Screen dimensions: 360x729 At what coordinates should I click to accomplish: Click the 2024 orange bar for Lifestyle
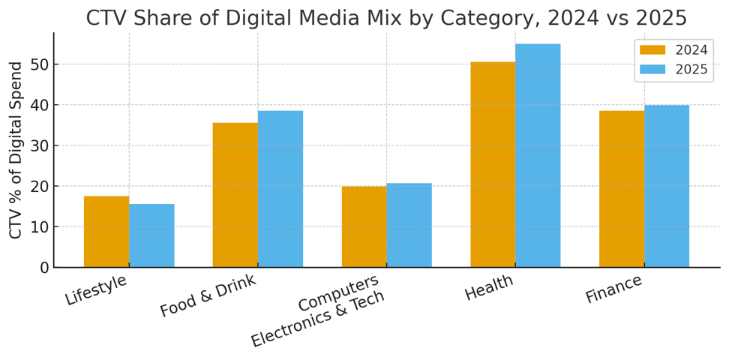[x=106, y=232]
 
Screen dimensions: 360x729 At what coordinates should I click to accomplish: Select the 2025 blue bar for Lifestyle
[x=151, y=235]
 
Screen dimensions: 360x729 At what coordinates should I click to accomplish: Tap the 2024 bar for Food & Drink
[x=235, y=195]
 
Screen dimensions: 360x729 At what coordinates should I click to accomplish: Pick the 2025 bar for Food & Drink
[x=280, y=189]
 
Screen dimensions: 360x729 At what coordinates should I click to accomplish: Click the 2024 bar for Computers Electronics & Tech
[x=364, y=226]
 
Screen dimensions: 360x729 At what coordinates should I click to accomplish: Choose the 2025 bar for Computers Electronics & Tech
[x=409, y=225]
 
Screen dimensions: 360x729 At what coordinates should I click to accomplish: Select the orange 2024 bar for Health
[x=493, y=164]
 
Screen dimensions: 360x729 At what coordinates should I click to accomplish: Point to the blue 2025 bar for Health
[x=538, y=155]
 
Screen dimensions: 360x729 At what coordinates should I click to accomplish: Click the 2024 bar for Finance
[x=622, y=189]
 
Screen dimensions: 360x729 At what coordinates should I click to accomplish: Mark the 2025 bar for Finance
[x=667, y=186]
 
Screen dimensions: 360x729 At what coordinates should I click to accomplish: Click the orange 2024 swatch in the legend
[x=652, y=50]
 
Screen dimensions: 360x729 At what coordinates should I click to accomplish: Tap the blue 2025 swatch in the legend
[x=652, y=70]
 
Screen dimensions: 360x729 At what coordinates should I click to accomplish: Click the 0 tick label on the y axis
[x=44, y=268]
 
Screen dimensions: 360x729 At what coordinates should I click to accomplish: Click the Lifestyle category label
[x=96, y=290]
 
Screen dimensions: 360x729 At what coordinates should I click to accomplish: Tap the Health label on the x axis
[x=489, y=288]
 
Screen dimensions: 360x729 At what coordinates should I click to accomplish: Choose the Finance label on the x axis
[x=613, y=289]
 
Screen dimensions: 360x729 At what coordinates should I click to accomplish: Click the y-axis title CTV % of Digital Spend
[x=16, y=150]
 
